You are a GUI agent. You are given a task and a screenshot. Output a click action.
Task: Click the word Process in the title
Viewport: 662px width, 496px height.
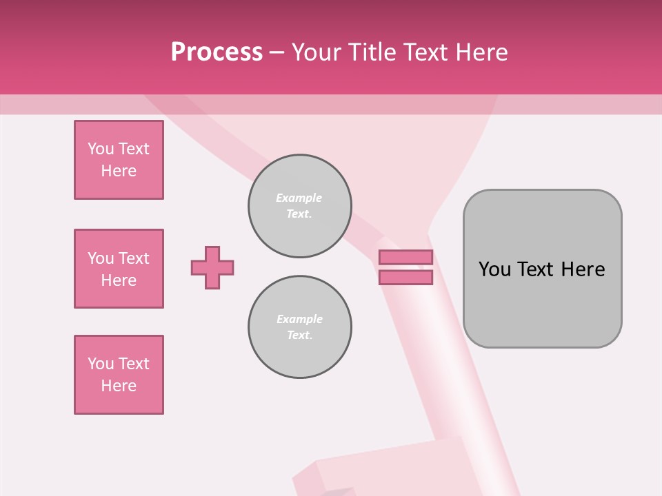tap(217, 52)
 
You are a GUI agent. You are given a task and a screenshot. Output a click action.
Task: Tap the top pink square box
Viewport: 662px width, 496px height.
tap(119, 160)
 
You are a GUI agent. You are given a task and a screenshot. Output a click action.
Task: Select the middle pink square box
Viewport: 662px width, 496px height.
tap(119, 269)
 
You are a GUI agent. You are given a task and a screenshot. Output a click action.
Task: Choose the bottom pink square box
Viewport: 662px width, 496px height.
tap(119, 375)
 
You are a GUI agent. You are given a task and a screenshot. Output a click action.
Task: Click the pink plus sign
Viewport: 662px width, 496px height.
tap(212, 267)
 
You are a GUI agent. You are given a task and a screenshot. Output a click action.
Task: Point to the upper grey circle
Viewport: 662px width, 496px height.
tap(300, 206)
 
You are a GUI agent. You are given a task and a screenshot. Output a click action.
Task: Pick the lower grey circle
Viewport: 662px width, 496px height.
tap(300, 327)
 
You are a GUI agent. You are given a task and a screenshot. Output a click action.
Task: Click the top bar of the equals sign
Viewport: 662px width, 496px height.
tap(405, 258)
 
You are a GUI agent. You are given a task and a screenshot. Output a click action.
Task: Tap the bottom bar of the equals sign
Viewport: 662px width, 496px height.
tap(405, 278)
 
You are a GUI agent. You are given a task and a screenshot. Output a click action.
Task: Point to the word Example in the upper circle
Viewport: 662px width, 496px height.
tap(299, 198)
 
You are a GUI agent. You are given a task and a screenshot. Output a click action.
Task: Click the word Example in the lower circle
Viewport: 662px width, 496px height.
tap(299, 319)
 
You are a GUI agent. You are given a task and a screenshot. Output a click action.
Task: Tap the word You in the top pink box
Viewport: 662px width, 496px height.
tap(101, 149)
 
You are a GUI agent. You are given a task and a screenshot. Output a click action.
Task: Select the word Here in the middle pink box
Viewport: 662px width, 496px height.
tap(119, 280)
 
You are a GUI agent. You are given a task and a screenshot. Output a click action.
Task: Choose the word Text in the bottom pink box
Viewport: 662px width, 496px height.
tap(134, 364)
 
